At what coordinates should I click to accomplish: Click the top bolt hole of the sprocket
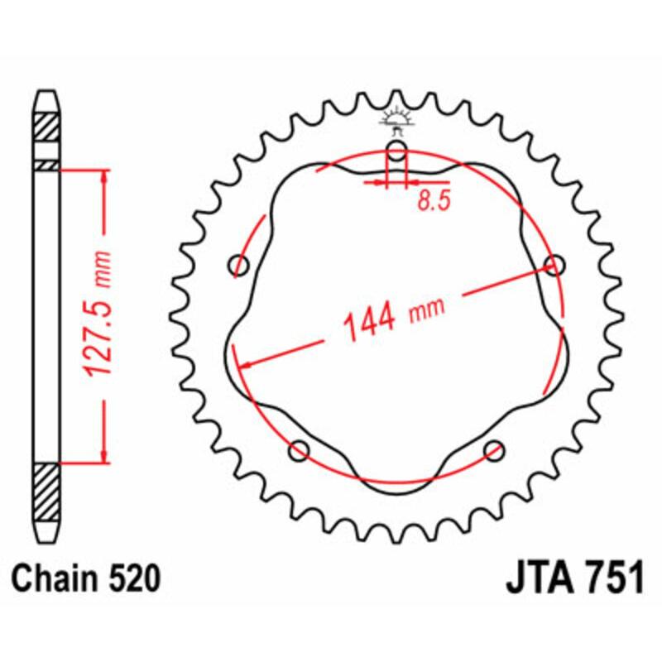click(397, 151)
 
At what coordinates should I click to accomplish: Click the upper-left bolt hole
click(240, 266)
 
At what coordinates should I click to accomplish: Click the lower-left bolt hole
click(299, 450)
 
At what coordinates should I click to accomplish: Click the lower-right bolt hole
click(494, 450)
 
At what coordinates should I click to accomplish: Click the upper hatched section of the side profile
click(46, 127)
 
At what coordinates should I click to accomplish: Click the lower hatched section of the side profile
click(46, 492)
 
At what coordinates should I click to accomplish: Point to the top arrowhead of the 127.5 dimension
click(104, 176)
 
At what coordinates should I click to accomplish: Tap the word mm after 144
click(427, 309)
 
